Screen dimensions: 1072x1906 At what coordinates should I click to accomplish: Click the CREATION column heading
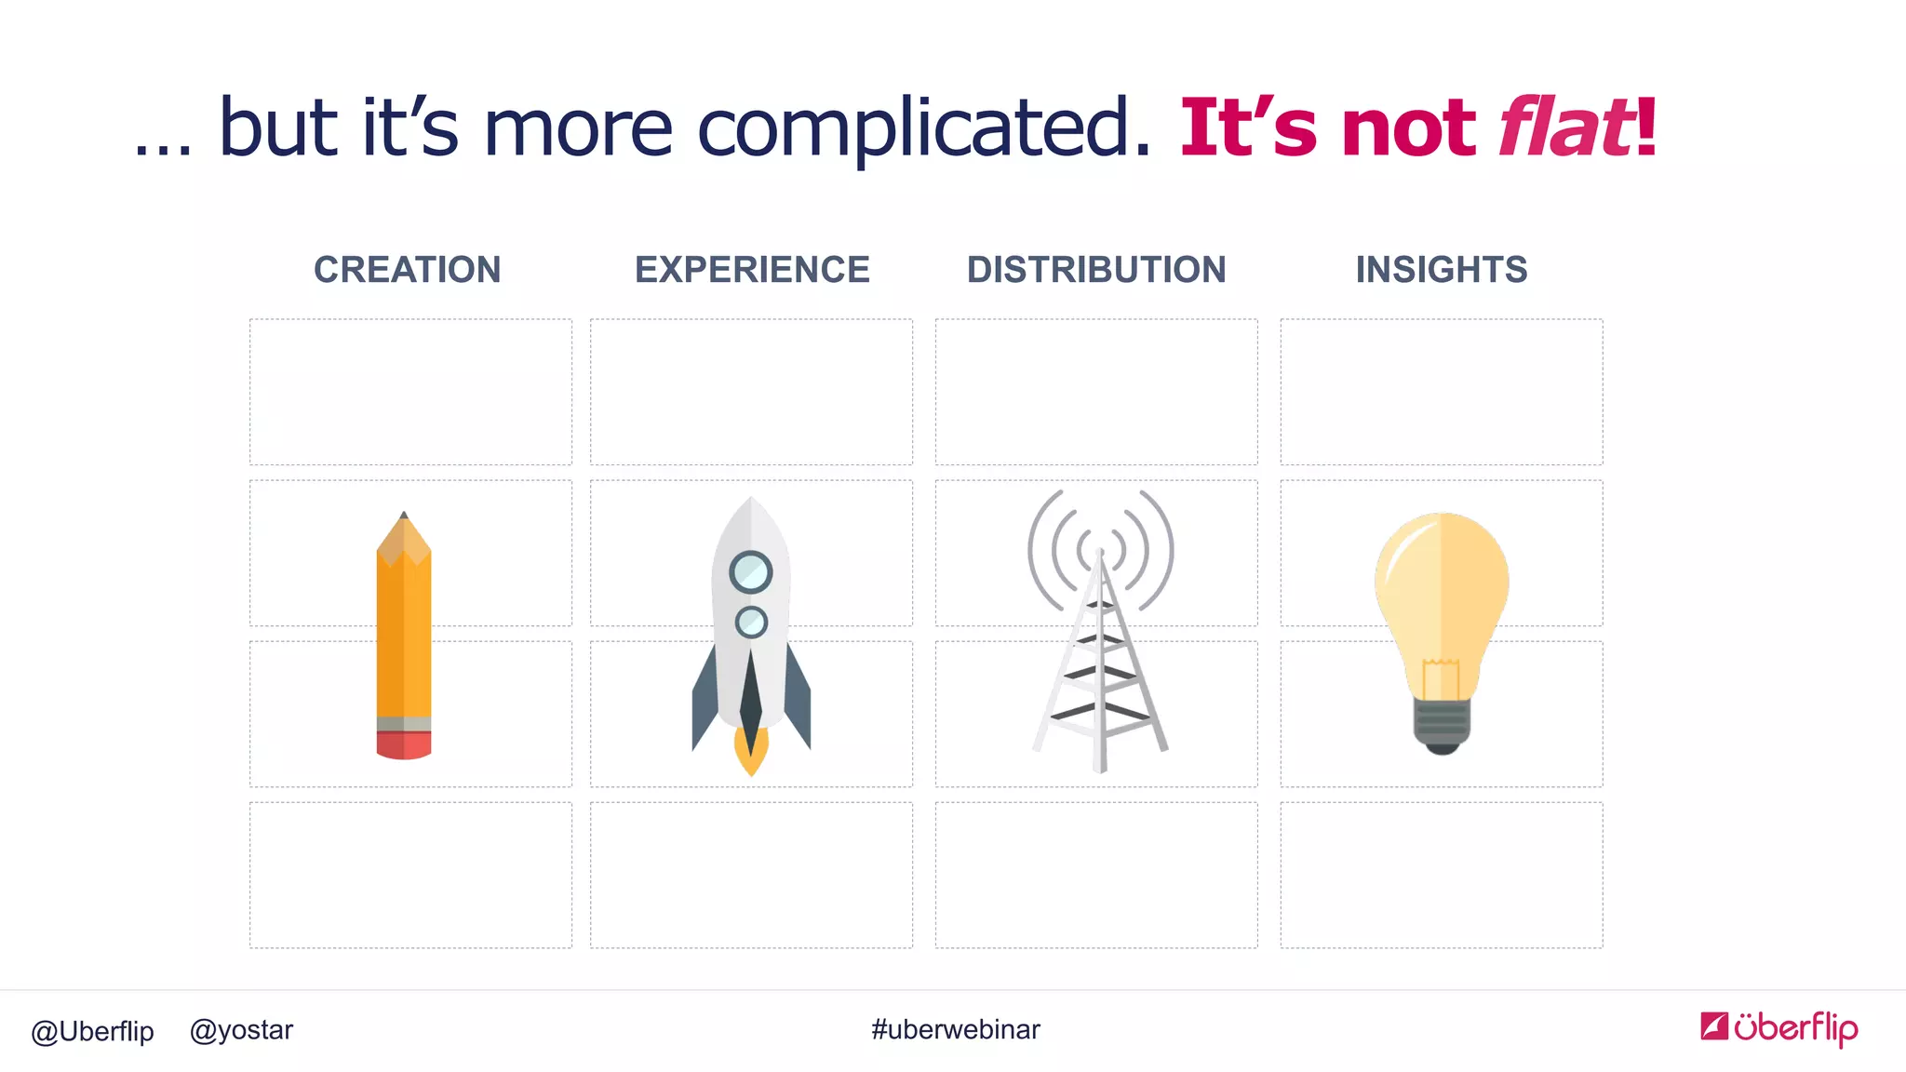click(x=407, y=270)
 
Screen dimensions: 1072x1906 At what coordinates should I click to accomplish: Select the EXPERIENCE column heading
click(x=752, y=270)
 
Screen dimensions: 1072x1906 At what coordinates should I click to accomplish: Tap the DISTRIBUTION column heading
click(x=1096, y=270)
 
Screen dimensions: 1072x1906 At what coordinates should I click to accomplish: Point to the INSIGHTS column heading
click(x=1441, y=270)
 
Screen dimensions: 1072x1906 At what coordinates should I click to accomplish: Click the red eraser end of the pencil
click(x=404, y=745)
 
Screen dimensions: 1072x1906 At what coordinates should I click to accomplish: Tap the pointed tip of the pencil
click(x=404, y=516)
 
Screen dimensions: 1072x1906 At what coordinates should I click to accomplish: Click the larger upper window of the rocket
click(x=751, y=572)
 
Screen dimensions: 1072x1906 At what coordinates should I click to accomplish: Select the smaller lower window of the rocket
click(x=751, y=622)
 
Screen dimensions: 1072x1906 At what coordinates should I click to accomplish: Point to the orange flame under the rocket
click(x=751, y=754)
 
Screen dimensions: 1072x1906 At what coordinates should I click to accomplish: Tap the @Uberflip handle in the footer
click(x=92, y=1031)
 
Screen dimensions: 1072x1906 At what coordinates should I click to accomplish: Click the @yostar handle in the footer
click(x=241, y=1030)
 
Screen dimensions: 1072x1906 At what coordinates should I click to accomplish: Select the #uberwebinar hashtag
click(x=956, y=1029)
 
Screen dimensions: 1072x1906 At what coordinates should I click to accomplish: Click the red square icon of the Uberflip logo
click(x=1714, y=1025)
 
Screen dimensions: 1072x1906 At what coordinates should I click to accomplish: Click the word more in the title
click(x=578, y=128)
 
